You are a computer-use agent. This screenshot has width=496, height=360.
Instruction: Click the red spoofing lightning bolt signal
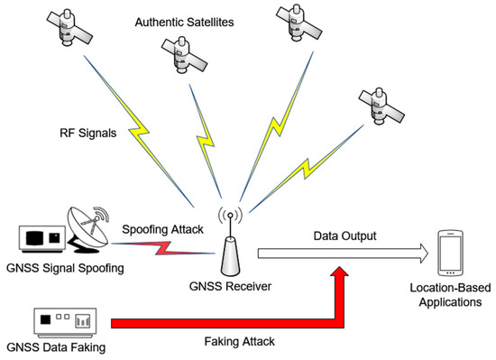click(x=162, y=245)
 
